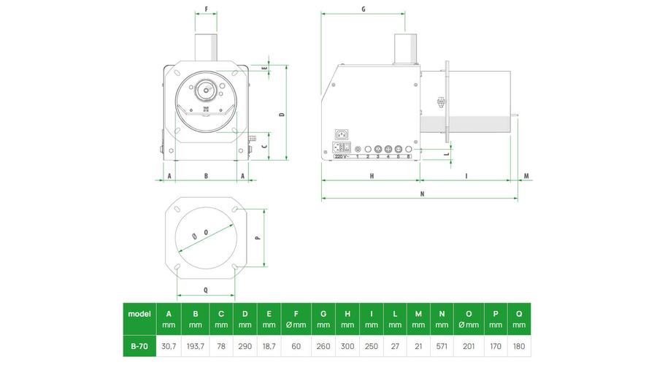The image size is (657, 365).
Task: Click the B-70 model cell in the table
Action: tap(139, 346)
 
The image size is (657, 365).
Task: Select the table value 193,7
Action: tap(195, 347)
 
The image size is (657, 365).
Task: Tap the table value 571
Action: tap(442, 347)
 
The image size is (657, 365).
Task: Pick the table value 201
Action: tap(469, 347)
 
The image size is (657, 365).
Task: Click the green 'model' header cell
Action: tap(139, 319)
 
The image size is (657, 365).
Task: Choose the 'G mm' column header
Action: tap(323, 319)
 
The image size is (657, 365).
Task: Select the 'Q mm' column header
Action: tap(519, 319)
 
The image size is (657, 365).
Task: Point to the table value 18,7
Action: tap(269, 347)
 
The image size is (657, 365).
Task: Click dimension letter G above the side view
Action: tap(364, 9)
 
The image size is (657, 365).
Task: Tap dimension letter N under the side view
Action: tap(422, 194)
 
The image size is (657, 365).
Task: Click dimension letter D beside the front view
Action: tap(283, 114)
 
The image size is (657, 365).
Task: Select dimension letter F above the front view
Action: tap(206, 9)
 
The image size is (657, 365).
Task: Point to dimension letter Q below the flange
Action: tap(206, 290)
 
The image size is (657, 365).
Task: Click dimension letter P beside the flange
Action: tap(258, 237)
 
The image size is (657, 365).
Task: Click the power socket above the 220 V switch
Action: tap(342, 134)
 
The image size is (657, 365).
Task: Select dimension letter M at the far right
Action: tap(526, 176)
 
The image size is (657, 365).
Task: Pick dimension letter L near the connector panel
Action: tap(447, 154)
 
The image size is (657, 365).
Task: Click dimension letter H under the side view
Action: tap(372, 177)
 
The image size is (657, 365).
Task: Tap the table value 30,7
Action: tap(169, 347)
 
